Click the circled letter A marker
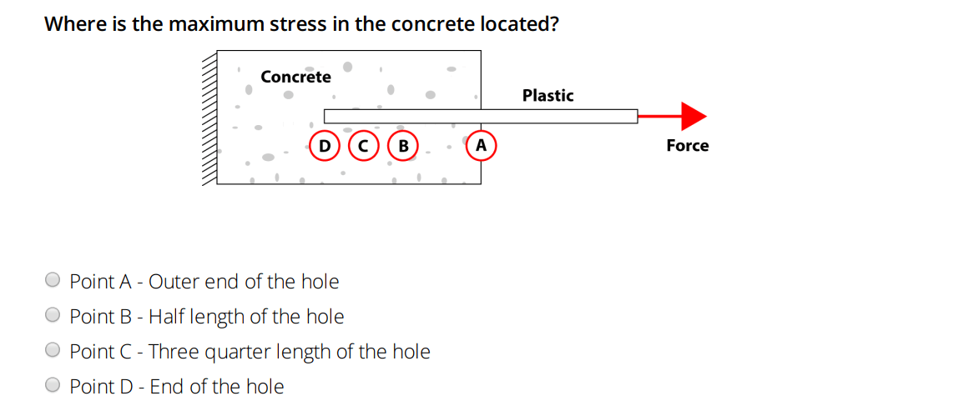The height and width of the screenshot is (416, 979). click(x=481, y=145)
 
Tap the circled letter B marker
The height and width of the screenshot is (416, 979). click(x=404, y=145)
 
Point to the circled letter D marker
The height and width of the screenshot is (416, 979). click(x=324, y=145)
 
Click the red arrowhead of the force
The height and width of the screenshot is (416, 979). click(x=694, y=116)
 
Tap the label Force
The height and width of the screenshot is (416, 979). click(x=687, y=146)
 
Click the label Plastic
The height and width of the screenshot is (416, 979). click(x=548, y=96)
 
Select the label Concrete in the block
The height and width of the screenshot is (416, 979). click(x=295, y=77)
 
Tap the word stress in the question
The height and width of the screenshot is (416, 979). click(x=298, y=23)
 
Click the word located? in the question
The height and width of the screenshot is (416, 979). click(x=518, y=23)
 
